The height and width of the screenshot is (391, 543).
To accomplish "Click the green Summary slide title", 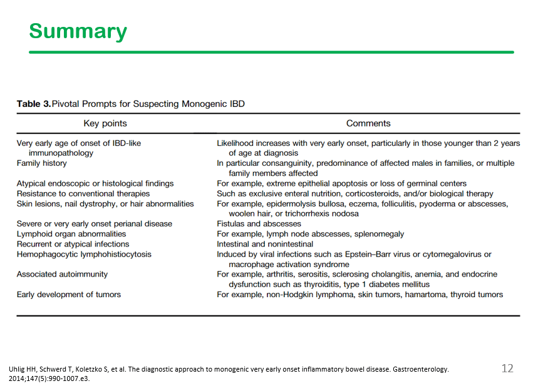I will (x=78, y=31).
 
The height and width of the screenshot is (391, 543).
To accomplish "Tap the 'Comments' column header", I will (x=368, y=124).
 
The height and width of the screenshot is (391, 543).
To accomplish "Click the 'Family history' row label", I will (x=41, y=163).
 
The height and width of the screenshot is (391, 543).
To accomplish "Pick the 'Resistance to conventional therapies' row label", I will (x=83, y=194).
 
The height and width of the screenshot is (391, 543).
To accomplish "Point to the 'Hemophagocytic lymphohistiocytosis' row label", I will (x=84, y=255).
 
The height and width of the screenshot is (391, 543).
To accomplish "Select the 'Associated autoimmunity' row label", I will (x=62, y=275).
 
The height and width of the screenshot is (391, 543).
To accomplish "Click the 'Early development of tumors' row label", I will (x=69, y=295).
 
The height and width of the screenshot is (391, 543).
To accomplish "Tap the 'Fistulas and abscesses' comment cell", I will (x=259, y=224).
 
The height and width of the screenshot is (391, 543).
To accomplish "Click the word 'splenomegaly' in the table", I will (x=377, y=234).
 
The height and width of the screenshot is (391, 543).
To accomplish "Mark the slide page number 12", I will (x=507, y=368).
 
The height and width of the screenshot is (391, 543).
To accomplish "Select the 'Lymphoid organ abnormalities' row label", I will (x=71, y=234).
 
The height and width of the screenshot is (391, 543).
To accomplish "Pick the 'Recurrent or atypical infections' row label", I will (x=73, y=244).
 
